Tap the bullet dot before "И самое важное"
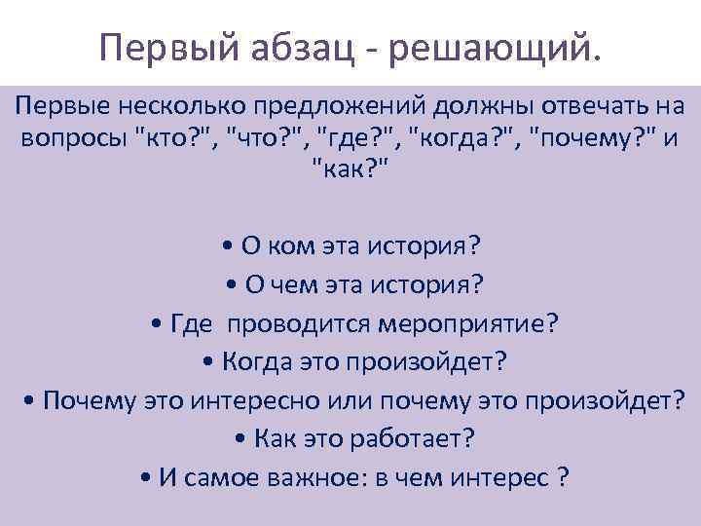(145, 479)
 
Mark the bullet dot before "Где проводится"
(159, 322)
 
